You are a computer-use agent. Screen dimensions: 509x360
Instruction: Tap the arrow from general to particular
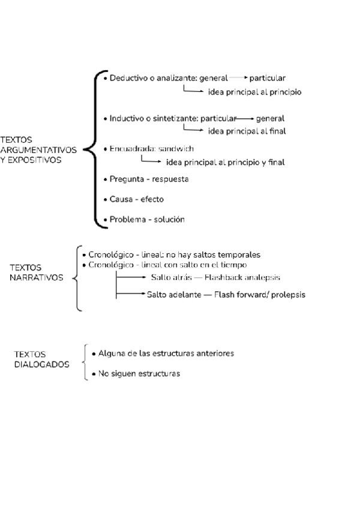pos(238,78)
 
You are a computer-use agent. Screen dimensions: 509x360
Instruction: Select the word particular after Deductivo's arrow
pos(268,78)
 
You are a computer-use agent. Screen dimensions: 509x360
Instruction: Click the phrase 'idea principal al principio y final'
pos(225,162)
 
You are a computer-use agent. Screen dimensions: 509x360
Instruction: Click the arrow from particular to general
pos(246,118)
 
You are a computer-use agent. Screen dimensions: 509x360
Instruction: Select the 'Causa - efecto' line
pos(136,199)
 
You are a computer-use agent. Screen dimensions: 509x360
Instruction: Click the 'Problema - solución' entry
pos(147,220)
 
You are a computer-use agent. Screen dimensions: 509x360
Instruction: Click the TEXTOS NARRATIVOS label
pos(37,273)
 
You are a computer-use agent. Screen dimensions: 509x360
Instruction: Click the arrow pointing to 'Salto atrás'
pos(132,277)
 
